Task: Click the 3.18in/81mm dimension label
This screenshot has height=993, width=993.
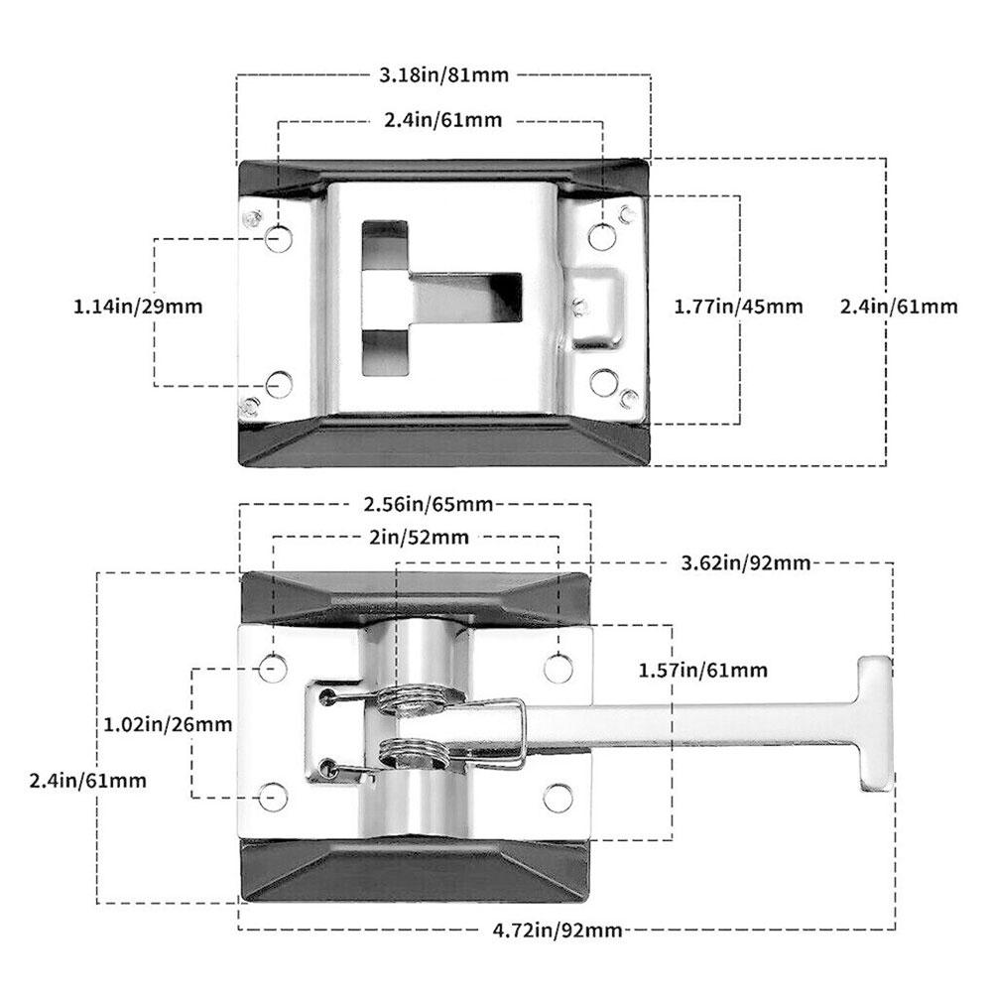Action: click(442, 73)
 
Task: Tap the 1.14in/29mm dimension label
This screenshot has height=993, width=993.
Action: click(138, 307)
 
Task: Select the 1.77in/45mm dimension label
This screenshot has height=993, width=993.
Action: click(738, 307)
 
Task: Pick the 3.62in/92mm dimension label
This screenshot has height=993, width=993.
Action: click(746, 563)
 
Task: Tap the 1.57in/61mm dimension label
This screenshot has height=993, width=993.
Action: click(703, 671)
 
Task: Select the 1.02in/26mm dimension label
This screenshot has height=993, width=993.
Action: click(168, 724)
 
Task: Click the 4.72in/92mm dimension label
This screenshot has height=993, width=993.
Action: click(557, 930)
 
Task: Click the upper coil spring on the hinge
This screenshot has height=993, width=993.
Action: click(415, 697)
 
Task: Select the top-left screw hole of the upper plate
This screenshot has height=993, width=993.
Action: click(279, 238)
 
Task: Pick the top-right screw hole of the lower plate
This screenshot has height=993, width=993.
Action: click(559, 669)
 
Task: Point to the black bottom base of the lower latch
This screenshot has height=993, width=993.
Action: click(415, 871)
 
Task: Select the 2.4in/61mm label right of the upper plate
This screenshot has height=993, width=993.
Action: click(899, 307)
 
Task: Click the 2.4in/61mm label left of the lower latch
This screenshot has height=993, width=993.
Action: click(88, 781)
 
